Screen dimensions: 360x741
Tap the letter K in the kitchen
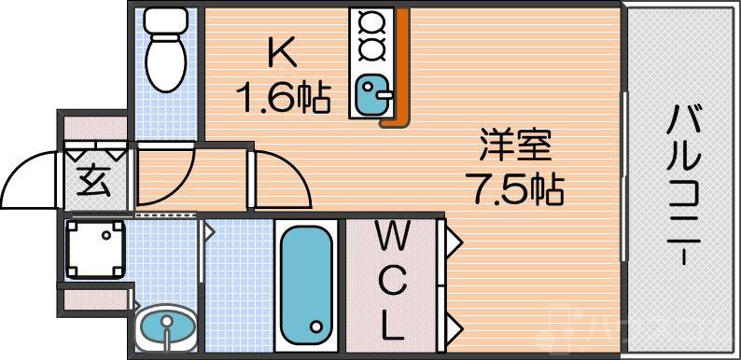coord(282,55)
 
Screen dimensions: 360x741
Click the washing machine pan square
coord(94,249)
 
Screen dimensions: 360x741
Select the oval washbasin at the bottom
coord(165,326)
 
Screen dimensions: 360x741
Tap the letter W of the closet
coord(392,238)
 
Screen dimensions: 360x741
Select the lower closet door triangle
coord(452,326)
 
